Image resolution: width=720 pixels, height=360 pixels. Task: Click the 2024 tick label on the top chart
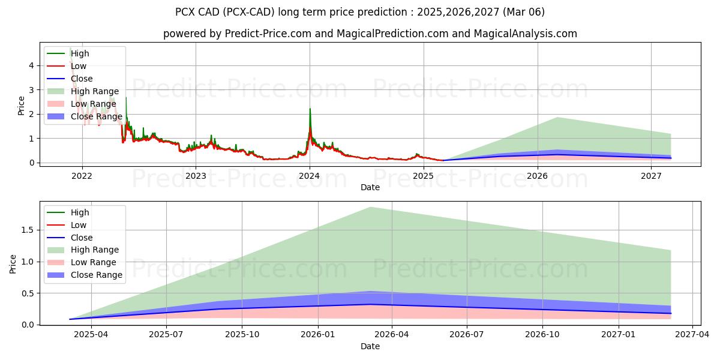coord(310,176)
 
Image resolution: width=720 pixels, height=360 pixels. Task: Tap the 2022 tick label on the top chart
coord(82,176)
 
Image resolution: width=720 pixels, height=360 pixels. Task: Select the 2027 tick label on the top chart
coord(651,176)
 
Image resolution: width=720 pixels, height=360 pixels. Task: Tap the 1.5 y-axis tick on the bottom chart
coord(25,230)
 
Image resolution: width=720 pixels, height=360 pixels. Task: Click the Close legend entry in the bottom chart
coord(82,238)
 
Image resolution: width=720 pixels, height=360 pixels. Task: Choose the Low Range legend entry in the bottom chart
coord(93,263)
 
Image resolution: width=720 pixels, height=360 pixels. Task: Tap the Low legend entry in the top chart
coord(79,66)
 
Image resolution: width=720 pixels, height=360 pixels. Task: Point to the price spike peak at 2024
coord(310,109)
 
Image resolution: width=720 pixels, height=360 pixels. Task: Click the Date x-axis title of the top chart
coord(370,187)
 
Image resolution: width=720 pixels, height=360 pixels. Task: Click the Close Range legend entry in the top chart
coord(96,116)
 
